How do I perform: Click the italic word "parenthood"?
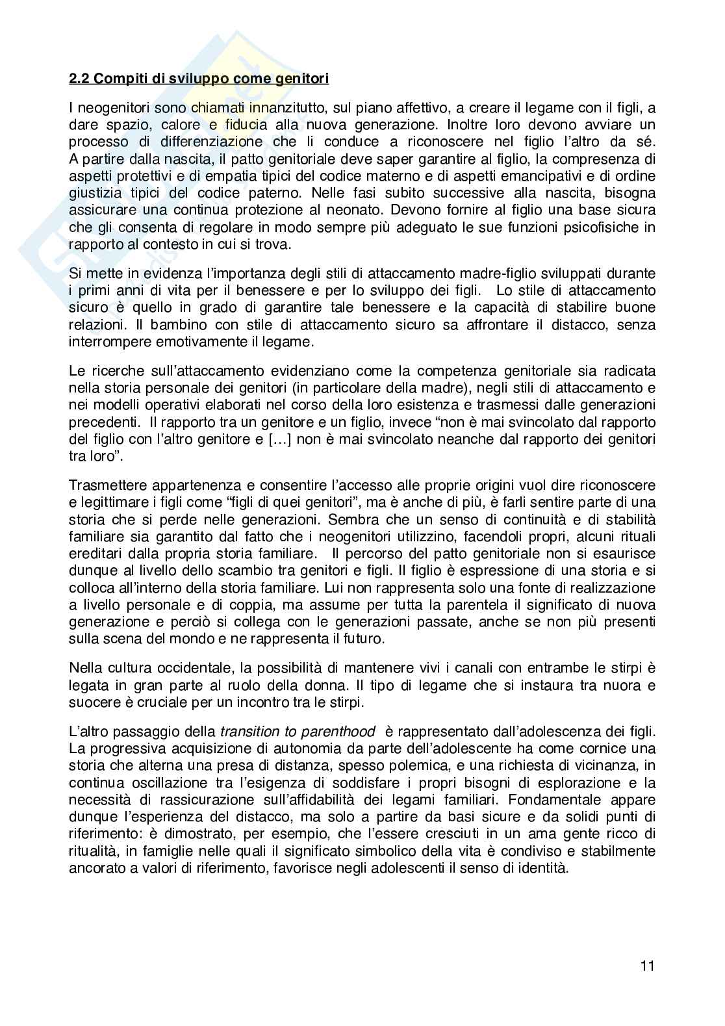click(x=339, y=730)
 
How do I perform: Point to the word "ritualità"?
click(x=94, y=851)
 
